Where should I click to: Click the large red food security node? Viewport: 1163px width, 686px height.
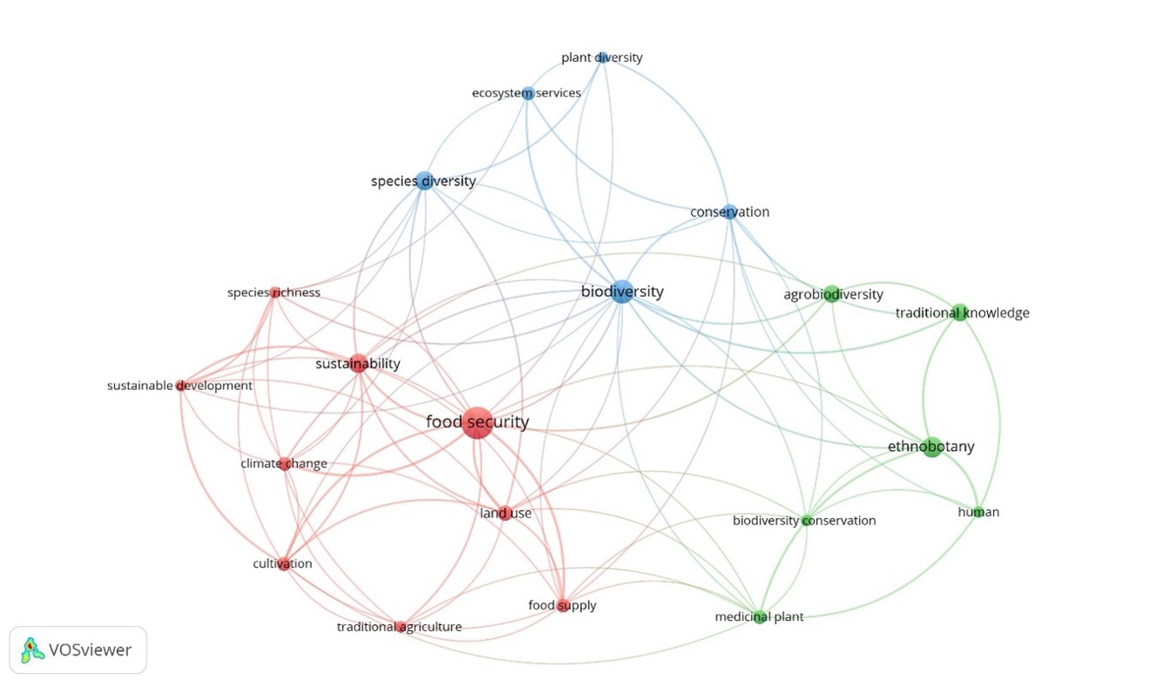476,422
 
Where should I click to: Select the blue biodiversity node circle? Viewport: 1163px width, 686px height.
620,292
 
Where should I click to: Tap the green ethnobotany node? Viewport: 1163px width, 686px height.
932,447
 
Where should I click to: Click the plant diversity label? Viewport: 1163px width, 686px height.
601,57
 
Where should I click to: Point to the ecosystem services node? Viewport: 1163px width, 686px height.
528,93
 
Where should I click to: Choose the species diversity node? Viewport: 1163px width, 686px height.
424,181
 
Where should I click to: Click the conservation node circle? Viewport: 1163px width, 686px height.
730,212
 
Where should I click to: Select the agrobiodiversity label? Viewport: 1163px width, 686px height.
833,294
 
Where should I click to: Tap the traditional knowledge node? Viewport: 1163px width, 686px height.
959,313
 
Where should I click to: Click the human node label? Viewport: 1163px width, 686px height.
978,512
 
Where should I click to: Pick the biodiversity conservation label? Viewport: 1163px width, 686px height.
803,521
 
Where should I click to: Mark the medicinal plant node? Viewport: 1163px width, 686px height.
760,617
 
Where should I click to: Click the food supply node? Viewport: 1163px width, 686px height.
563,606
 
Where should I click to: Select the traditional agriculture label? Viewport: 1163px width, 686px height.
399,627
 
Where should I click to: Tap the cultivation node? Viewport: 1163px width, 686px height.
283,564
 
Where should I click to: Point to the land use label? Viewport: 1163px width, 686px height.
505,514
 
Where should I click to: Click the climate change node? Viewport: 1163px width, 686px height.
284,464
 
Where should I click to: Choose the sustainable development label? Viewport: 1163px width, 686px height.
179,386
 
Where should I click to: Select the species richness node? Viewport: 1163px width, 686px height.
275,293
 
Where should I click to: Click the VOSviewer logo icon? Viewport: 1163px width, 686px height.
32,649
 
